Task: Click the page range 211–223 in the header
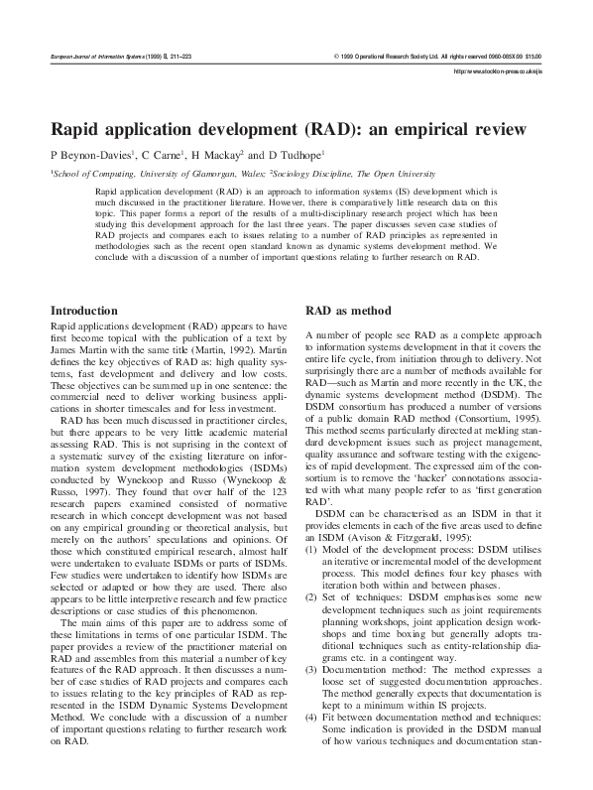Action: (x=186, y=58)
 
